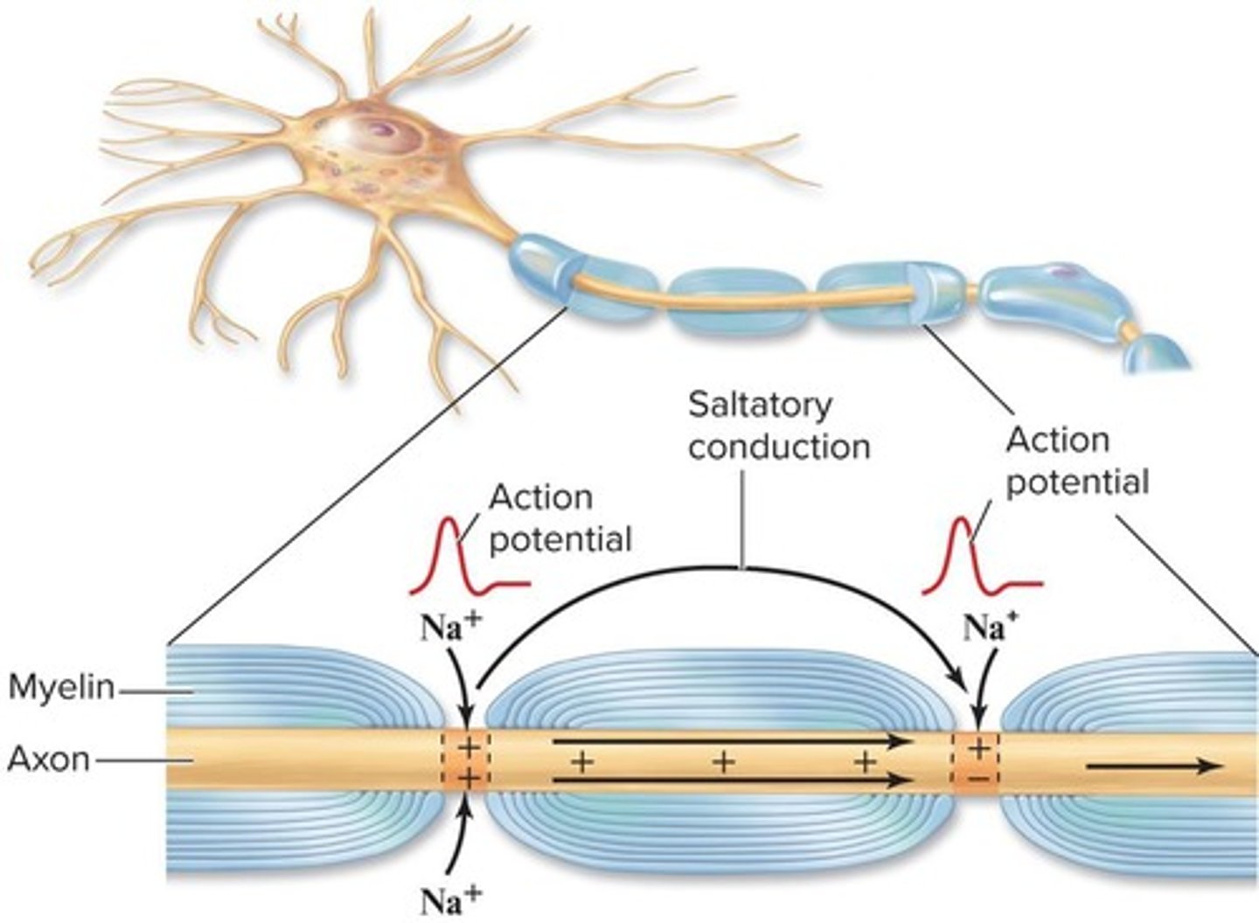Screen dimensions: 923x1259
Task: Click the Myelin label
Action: coord(61,688)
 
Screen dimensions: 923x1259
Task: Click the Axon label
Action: coord(49,759)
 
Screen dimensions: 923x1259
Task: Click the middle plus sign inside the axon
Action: coord(723,761)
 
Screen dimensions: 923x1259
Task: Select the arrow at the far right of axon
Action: coord(1154,767)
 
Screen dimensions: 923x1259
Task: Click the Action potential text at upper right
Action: coord(1075,461)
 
